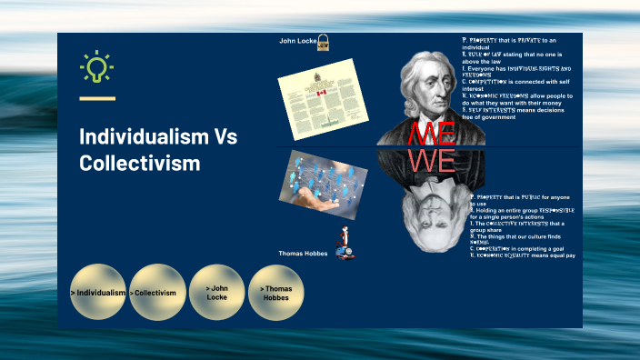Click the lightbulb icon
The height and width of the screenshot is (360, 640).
pyautogui.click(x=96, y=69)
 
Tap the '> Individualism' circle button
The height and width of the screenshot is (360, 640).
pyautogui.click(x=98, y=293)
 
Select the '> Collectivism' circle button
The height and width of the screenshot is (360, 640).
pyautogui.click(x=157, y=293)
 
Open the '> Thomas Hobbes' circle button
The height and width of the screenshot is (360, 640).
pyautogui.click(x=276, y=293)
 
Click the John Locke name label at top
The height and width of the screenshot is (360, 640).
pyautogui.click(x=296, y=41)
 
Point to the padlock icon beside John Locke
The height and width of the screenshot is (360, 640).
pyautogui.click(x=323, y=42)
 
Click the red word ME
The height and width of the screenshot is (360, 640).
pyautogui.click(x=432, y=134)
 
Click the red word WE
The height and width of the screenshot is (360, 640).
pyautogui.click(x=432, y=162)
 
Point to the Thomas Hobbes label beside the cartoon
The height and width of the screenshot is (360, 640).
pyautogui.click(x=304, y=253)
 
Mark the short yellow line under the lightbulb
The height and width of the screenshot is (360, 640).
pyautogui.click(x=97, y=98)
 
